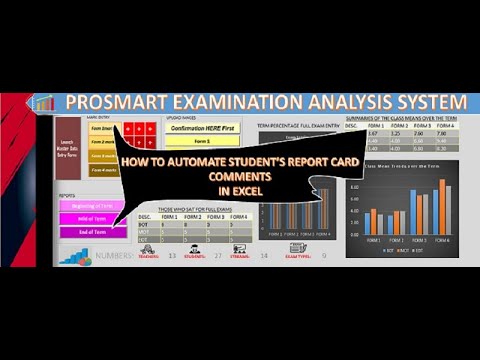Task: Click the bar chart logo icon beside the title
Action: [44, 103]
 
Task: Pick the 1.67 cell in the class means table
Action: [370, 133]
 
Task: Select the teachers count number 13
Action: [172, 256]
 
